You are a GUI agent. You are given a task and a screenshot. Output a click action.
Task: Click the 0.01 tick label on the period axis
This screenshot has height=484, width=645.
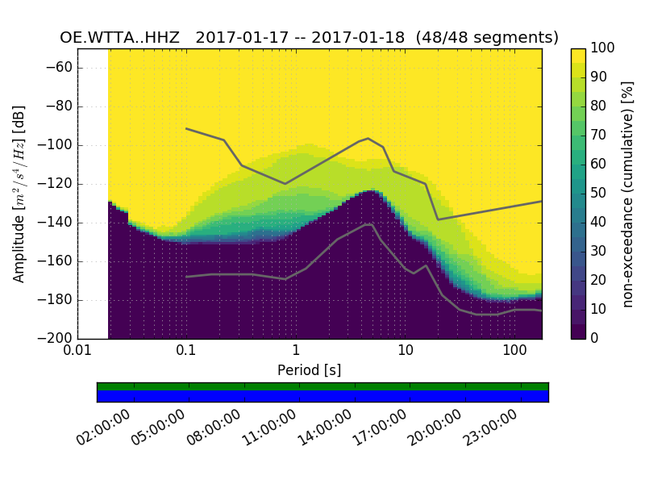77,351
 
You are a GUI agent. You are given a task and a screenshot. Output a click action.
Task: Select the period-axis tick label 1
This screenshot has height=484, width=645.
296,351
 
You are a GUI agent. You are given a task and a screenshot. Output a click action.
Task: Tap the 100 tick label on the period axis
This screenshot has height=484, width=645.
514,351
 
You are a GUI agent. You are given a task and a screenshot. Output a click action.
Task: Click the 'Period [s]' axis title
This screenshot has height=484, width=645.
309,370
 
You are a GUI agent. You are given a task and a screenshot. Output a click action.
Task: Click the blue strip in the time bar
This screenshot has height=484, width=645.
322,396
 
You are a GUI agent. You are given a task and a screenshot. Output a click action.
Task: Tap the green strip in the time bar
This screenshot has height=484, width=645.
322,386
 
